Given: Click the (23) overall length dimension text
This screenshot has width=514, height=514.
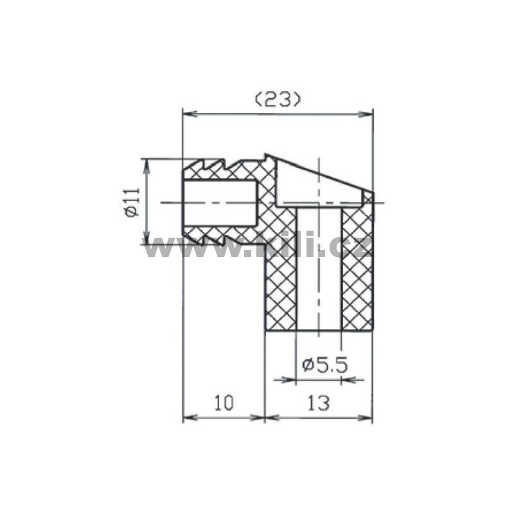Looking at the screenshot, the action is click(x=278, y=100).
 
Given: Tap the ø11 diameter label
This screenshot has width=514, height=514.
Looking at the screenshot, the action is click(x=132, y=202).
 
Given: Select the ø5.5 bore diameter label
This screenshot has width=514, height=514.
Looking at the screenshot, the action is click(x=325, y=365).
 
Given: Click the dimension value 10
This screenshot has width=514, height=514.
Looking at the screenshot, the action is click(x=224, y=403).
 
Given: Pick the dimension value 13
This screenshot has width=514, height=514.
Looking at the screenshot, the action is click(x=318, y=403).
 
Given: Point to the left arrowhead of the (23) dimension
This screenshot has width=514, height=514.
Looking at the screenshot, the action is click(x=190, y=114).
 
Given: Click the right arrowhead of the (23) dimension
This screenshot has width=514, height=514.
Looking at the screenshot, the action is click(x=366, y=114).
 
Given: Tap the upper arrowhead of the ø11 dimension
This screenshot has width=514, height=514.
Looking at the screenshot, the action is click(x=147, y=166).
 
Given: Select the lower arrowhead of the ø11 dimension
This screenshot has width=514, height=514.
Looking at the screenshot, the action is click(x=147, y=238).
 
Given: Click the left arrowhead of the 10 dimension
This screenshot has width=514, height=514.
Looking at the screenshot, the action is click(x=190, y=418).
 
